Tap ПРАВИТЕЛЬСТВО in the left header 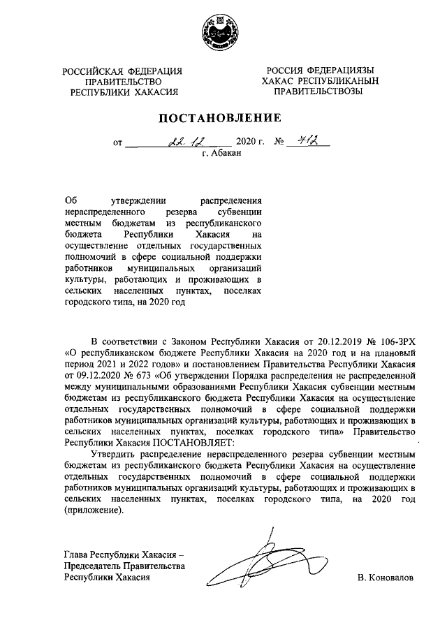coord(122,81)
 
